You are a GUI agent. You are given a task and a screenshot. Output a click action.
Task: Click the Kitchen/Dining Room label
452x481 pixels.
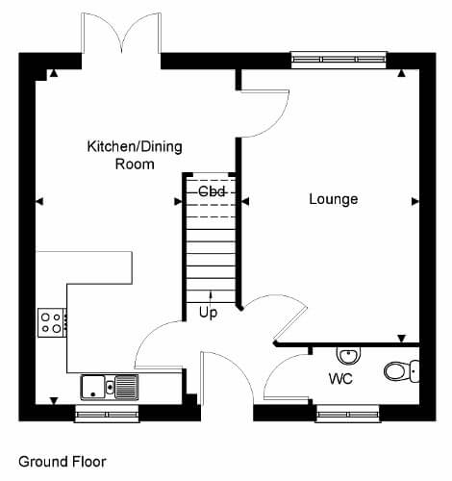(x=135, y=155)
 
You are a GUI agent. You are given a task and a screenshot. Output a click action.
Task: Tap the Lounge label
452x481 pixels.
(x=334, y=199)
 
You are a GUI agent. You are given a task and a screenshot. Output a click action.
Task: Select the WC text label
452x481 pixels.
(x=340, y=379)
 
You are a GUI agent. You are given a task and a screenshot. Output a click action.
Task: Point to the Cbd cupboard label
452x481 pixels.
(x=212, y=191)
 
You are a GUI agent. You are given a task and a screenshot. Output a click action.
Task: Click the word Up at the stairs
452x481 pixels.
(x=208, y=313)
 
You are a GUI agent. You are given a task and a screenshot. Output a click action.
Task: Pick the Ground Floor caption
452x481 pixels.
(x=63, y=462)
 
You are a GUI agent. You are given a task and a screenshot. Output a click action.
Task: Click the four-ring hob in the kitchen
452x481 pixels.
(x=52, y=322)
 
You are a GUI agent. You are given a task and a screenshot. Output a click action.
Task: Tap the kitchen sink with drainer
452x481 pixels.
(x=110, y=387)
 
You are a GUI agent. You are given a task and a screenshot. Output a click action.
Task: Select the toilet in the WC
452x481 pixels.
(x=402, y=371)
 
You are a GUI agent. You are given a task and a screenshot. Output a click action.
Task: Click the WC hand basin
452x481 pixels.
(x=348, y=355)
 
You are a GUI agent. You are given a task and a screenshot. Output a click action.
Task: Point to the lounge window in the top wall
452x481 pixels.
(x=339, y=60)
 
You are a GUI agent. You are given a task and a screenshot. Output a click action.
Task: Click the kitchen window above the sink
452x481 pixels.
(x=107, y=414)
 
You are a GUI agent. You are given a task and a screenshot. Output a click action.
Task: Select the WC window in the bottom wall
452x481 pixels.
(x=348, y=414)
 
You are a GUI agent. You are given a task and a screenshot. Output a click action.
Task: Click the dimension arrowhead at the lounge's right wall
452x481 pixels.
(x=415, y=201)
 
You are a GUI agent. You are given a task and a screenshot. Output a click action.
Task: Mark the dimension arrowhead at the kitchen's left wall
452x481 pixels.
(x=39, y=201)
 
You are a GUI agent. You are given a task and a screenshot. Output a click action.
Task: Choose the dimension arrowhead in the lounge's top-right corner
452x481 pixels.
(x=401, y=73)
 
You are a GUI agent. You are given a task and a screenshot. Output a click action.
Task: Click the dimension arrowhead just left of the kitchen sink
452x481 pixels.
(x=54, y=400)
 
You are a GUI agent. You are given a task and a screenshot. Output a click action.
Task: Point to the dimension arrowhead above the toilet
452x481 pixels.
(x=402, y=339)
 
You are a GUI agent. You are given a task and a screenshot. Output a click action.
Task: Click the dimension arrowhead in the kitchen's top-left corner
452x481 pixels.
(x=54, y=73)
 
